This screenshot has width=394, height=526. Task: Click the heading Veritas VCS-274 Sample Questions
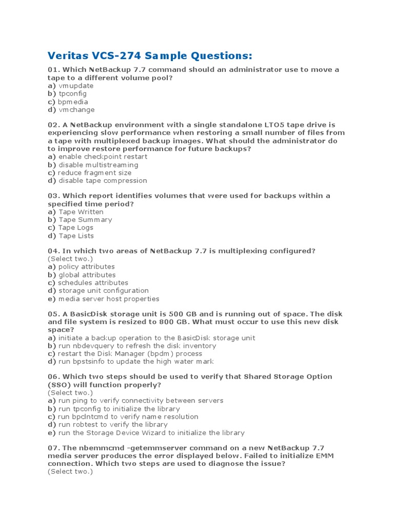(150, 55)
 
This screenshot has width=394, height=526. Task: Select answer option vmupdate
(76, 86)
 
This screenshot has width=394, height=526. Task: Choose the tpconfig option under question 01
(72, 93)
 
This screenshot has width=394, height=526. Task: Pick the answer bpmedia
(73, 102)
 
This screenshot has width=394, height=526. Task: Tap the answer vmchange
(76, 109)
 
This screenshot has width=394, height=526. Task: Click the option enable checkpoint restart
(103, 157)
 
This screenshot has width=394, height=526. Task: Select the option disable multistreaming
(98, 165)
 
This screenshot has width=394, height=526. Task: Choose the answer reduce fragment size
(94, 173)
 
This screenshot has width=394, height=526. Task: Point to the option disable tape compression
(103, 180)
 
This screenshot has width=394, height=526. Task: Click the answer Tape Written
(81, 212)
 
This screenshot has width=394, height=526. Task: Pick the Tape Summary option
(85, 219)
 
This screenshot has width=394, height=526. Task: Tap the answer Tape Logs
(75, 228)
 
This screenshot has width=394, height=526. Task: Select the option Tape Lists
(76, 236)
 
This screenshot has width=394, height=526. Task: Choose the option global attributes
(87, 275)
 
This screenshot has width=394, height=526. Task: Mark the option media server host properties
(109, 298)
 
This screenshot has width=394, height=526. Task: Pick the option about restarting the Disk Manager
(130, 353)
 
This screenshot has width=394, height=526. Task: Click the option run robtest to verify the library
(113, 424)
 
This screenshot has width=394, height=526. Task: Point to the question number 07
(53, 448)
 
